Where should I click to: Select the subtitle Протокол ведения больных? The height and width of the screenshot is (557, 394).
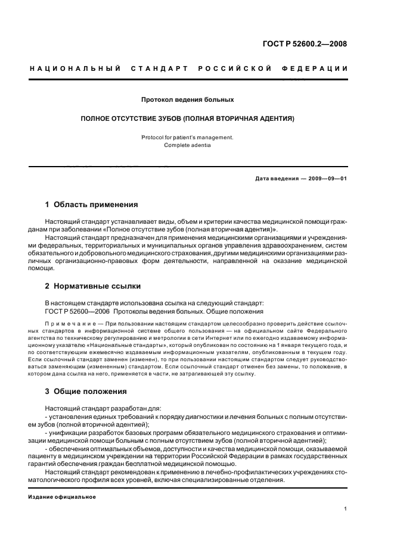[x=187, y=99]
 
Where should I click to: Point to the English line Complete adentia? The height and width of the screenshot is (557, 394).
[x=187, y=145]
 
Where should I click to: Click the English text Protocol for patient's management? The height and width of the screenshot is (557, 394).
[x=187, y=137]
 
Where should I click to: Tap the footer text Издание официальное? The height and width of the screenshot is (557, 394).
[x=62, y=496]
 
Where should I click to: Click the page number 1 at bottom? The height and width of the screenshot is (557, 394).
[x=346, y=509]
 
